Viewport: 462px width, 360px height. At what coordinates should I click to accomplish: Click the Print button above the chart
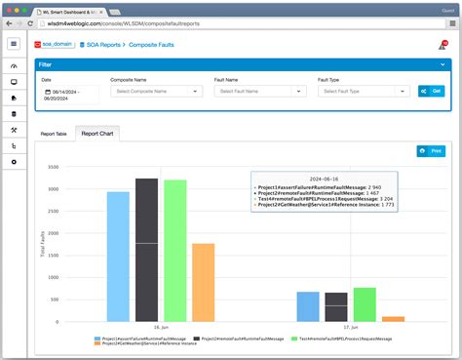430,151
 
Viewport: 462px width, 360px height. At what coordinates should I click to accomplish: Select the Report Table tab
54,133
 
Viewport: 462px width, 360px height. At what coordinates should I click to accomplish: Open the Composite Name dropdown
156,91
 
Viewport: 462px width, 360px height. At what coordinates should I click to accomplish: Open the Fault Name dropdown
260,91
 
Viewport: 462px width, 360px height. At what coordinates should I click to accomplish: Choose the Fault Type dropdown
364,91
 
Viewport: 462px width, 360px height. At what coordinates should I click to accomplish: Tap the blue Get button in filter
431,91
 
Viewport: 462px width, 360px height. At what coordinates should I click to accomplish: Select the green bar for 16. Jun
175,250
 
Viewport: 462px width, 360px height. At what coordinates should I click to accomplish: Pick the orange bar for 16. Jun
203,282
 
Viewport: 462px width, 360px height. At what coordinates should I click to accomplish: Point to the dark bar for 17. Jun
336,306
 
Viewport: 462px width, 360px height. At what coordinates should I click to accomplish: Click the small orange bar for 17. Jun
393,318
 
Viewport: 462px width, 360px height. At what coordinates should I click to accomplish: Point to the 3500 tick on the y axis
54,166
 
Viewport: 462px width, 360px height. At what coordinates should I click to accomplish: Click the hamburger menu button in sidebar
14,44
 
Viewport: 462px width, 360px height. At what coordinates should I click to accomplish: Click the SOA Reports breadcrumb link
101,44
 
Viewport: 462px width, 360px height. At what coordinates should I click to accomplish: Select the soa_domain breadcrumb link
55,44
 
